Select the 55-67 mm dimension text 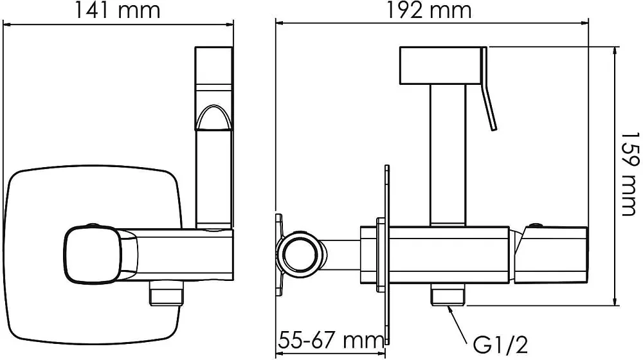point(331,339)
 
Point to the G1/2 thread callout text point(500,345)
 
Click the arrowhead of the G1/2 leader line point(450,310)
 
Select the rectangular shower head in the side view point(440,66)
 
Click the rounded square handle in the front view point(93,254)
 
